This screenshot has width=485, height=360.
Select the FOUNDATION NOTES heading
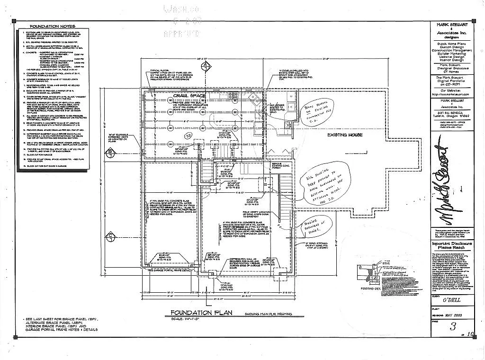pyautogui.click(x=52, y=27)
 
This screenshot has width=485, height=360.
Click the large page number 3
pyautogui.click(x=453, y=326)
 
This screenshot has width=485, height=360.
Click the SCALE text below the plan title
pyautogui.click(x=185, y=320)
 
